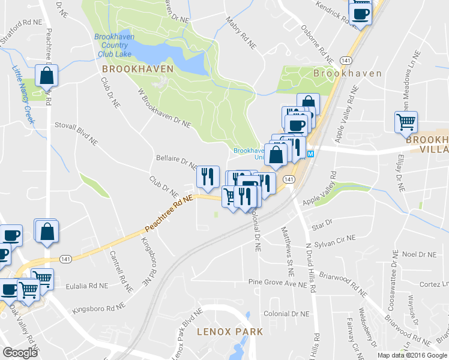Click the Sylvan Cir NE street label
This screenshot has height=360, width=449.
tap(336, 241)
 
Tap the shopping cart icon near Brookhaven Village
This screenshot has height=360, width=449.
tap(406, 122)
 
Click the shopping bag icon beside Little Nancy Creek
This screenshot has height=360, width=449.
tap(47, 76)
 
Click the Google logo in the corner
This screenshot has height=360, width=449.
tap(20, 353)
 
